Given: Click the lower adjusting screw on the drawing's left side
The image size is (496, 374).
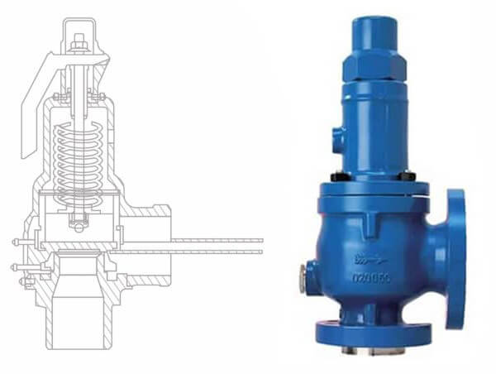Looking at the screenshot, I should click(25, 266).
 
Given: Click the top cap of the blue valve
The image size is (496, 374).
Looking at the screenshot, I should click(375, 31).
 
